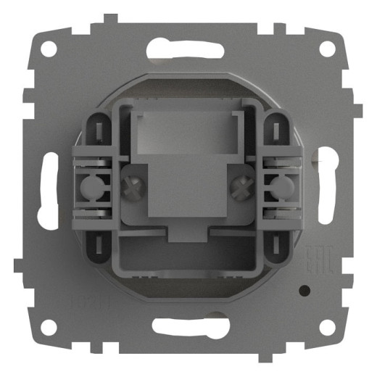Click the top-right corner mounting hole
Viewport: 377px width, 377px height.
328,49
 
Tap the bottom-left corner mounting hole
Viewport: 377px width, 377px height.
49,328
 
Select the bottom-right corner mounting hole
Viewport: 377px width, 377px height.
328,328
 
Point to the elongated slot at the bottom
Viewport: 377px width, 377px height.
188,326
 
